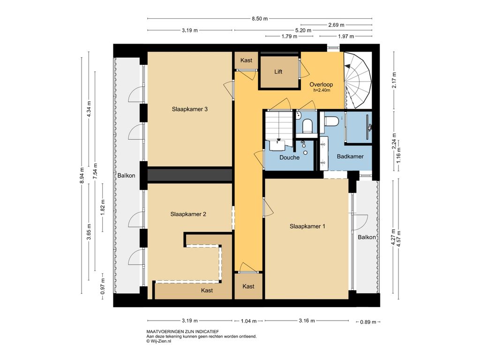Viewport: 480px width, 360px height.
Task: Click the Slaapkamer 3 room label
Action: click(x=189, y=109)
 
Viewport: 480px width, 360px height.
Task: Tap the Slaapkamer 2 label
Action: click(x=188, y=214)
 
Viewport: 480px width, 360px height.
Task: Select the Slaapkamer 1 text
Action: click(x=307, y=226)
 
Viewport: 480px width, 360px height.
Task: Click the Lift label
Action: click(x=278, y=72)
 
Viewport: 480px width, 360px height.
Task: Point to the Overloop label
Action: click(x=321, y=84)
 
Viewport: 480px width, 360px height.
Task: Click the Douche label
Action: click(x=289, y=157)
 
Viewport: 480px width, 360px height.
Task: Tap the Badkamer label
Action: click(x=350, y=157)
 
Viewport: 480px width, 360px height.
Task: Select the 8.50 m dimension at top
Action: click(x=260, y=19)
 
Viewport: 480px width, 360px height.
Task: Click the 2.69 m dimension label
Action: click(x=336, y=25)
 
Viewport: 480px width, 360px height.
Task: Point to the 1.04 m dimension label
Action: click(x=248, y=321)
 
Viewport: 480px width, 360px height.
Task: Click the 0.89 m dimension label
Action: click(x=368, y=322)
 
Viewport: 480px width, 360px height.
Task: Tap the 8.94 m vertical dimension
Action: click(x=82, y=176)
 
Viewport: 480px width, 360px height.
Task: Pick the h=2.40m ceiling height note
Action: click(x=322, y=90)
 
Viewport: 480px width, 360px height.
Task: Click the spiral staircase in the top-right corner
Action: click(x=358, y=80)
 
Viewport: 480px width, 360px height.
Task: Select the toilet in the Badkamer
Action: click(x=331, y=121)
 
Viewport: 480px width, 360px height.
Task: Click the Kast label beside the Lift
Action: click(x=246, y=60)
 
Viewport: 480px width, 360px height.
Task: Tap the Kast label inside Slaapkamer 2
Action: click(x=207, y=291)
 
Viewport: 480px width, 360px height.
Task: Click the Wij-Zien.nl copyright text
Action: click(x=158, y=341)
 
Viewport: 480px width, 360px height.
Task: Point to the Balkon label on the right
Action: click(x=367, y=237)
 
